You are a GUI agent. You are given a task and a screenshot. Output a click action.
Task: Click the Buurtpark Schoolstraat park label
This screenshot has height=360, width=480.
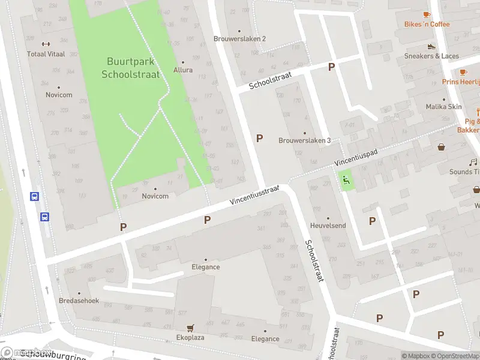point(130,67)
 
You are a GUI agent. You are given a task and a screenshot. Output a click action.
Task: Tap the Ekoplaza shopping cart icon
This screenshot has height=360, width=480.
point(190,328)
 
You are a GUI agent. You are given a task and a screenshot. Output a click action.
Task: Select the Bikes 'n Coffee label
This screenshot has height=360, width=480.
point(427,24)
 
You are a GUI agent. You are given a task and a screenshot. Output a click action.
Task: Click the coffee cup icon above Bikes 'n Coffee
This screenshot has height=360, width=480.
point(427,14)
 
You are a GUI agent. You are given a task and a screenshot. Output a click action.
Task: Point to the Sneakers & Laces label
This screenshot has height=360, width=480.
point(431,56)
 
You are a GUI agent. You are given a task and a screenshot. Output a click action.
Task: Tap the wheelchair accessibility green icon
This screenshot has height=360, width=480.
point(345,179)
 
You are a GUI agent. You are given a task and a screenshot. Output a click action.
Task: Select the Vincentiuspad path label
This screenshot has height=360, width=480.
point(356,158)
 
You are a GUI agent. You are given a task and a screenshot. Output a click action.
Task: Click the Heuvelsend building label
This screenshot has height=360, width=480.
point(328,226)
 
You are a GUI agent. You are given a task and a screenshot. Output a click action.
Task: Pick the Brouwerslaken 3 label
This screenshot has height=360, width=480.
point(304,140)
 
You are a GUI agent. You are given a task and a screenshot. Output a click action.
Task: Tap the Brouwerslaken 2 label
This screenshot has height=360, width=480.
point(239,38)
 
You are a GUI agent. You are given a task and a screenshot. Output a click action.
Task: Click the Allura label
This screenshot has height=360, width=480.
point(183,70)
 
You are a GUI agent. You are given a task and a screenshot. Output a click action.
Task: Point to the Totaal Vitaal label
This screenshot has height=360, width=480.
point(45,53)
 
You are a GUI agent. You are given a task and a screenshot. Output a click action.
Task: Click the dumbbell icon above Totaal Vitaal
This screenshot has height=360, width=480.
point(45,44)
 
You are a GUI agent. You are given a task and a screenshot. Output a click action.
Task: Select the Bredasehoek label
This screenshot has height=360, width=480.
point(79,301)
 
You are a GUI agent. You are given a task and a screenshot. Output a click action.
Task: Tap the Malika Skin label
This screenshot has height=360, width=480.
point(443,107)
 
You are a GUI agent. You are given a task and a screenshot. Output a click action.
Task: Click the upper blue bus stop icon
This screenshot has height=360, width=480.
point(35,196)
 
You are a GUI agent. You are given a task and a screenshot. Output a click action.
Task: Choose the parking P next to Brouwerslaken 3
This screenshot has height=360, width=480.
point(259,138)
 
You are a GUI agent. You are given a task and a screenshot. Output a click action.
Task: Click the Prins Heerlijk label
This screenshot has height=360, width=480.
point(461,82)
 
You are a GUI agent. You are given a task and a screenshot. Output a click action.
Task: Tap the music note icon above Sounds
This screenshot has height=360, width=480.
point(473,163)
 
